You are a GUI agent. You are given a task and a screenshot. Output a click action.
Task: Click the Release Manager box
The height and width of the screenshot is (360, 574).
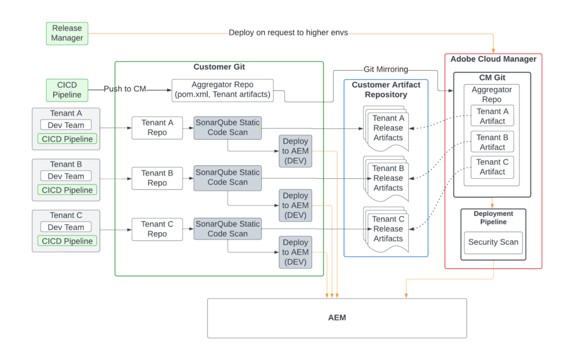point(67,33)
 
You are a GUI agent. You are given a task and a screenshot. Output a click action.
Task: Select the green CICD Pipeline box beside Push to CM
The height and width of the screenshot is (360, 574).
point(67,90)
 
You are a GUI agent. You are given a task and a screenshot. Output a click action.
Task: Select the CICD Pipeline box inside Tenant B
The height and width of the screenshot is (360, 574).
point(67,190)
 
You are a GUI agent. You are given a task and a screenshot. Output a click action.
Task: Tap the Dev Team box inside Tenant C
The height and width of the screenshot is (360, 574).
point(66,227)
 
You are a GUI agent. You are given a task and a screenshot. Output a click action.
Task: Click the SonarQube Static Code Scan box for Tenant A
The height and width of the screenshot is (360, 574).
point(227,127)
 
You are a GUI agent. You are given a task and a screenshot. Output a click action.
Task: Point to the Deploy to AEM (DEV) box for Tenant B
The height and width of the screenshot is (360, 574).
point(295,205)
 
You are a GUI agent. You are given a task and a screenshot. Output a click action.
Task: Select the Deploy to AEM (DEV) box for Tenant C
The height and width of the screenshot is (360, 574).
point(295,252)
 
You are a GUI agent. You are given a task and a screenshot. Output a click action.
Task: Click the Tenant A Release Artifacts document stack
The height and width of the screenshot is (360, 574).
point(388,128)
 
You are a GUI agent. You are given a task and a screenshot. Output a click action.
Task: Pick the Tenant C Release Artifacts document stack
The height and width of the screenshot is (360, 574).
point(388,229)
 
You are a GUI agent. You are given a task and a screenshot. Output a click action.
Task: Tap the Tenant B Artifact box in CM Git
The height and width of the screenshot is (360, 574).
point(492,142)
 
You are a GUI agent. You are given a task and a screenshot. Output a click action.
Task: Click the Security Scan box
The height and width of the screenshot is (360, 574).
point(493,243)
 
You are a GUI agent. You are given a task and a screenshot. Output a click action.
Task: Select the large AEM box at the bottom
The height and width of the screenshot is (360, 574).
point(337,318)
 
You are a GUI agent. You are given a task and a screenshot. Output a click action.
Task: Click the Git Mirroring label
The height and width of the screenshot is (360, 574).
point(386,70)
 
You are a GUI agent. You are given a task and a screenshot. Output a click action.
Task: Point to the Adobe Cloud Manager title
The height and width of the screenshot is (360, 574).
point(493,59)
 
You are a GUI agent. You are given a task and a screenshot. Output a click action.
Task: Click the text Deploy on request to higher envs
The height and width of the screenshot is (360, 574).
point(288,33)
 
